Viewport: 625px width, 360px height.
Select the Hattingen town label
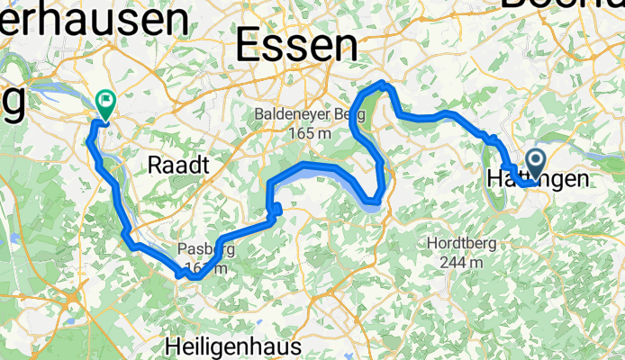(x=538, y=180)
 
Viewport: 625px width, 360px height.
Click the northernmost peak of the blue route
(x=385, y=84)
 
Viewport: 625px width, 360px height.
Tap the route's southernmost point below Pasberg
(x=194, y=278)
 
